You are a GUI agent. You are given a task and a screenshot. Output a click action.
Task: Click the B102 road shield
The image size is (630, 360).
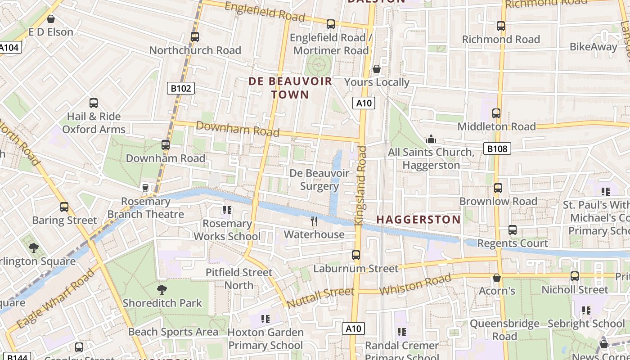click(181, 88)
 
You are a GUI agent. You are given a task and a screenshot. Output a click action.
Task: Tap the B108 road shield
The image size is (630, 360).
click(497, 148)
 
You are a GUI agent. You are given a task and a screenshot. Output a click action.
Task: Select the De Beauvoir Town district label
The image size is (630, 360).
click(290, 88)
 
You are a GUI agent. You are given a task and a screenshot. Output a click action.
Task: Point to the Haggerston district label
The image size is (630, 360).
click(418, 220)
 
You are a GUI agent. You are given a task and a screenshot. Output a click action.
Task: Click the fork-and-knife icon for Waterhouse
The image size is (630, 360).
click(314, 221)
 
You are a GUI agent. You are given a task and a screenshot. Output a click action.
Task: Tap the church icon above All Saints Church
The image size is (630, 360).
click(431, 139)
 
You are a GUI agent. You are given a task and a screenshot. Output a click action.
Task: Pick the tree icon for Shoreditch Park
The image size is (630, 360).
click(162, 290)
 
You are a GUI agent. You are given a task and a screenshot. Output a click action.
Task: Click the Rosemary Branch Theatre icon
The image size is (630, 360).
click(145, 188)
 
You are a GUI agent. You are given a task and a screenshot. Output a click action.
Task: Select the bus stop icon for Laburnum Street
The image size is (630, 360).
click(356, 255)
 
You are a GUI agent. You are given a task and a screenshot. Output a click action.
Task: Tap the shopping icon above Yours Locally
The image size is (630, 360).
click(377, 69)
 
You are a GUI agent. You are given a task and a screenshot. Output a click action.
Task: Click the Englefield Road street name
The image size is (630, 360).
click(265, 11)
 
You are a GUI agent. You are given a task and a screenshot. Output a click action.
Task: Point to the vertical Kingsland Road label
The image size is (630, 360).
click(361, 185)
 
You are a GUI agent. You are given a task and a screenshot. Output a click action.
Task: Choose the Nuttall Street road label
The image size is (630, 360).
click(320, 298)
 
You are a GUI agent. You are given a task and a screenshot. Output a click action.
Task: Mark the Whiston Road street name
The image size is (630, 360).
click(415, 284)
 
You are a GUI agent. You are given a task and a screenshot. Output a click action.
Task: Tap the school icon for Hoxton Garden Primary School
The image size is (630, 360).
click(265, 319)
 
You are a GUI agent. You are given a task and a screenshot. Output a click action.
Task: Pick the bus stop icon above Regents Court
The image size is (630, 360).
click(512, 230)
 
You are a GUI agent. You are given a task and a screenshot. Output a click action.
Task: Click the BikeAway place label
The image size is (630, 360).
click(594, 47)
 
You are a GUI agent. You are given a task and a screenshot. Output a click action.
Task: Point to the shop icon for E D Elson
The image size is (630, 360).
click(51, 19)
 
